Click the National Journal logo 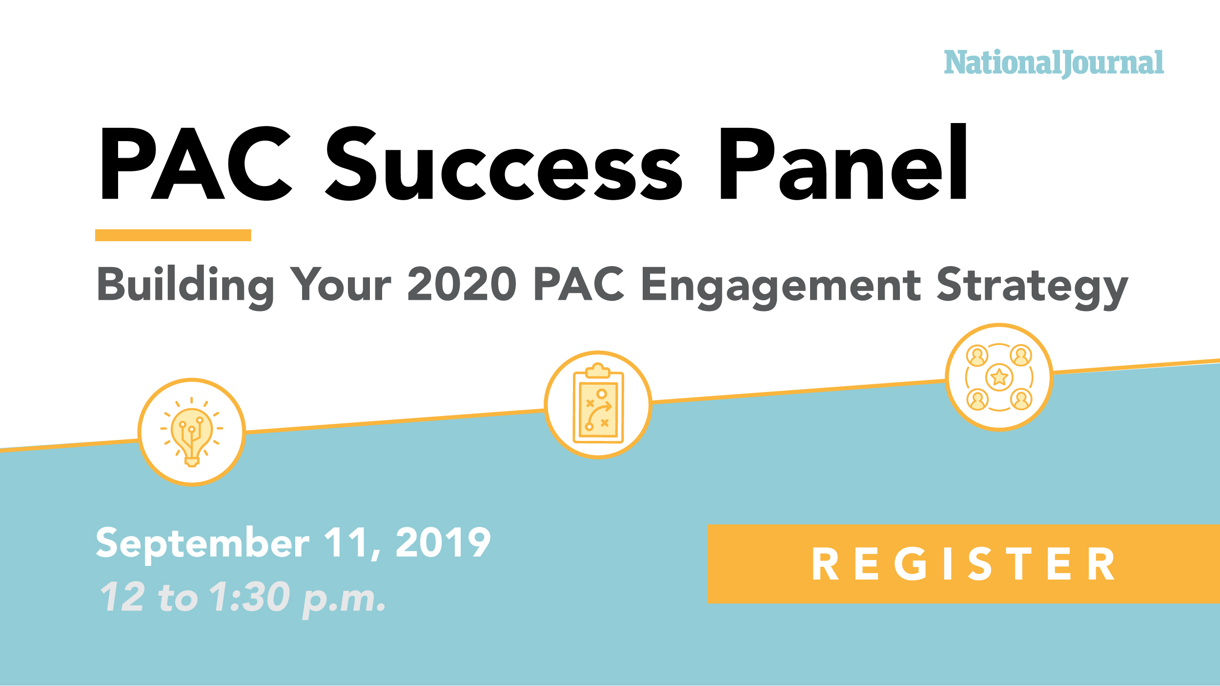[1054, 63]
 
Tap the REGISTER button [963, 563]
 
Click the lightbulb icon [192, 432]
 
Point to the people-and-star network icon [999, 377]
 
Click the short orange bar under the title [173, 235]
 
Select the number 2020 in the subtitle [462, 284]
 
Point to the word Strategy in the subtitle [1032, 286]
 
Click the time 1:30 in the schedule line [250, 597]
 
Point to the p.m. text [344, 599]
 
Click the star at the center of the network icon [999, 377]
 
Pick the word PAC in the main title [195, 164]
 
